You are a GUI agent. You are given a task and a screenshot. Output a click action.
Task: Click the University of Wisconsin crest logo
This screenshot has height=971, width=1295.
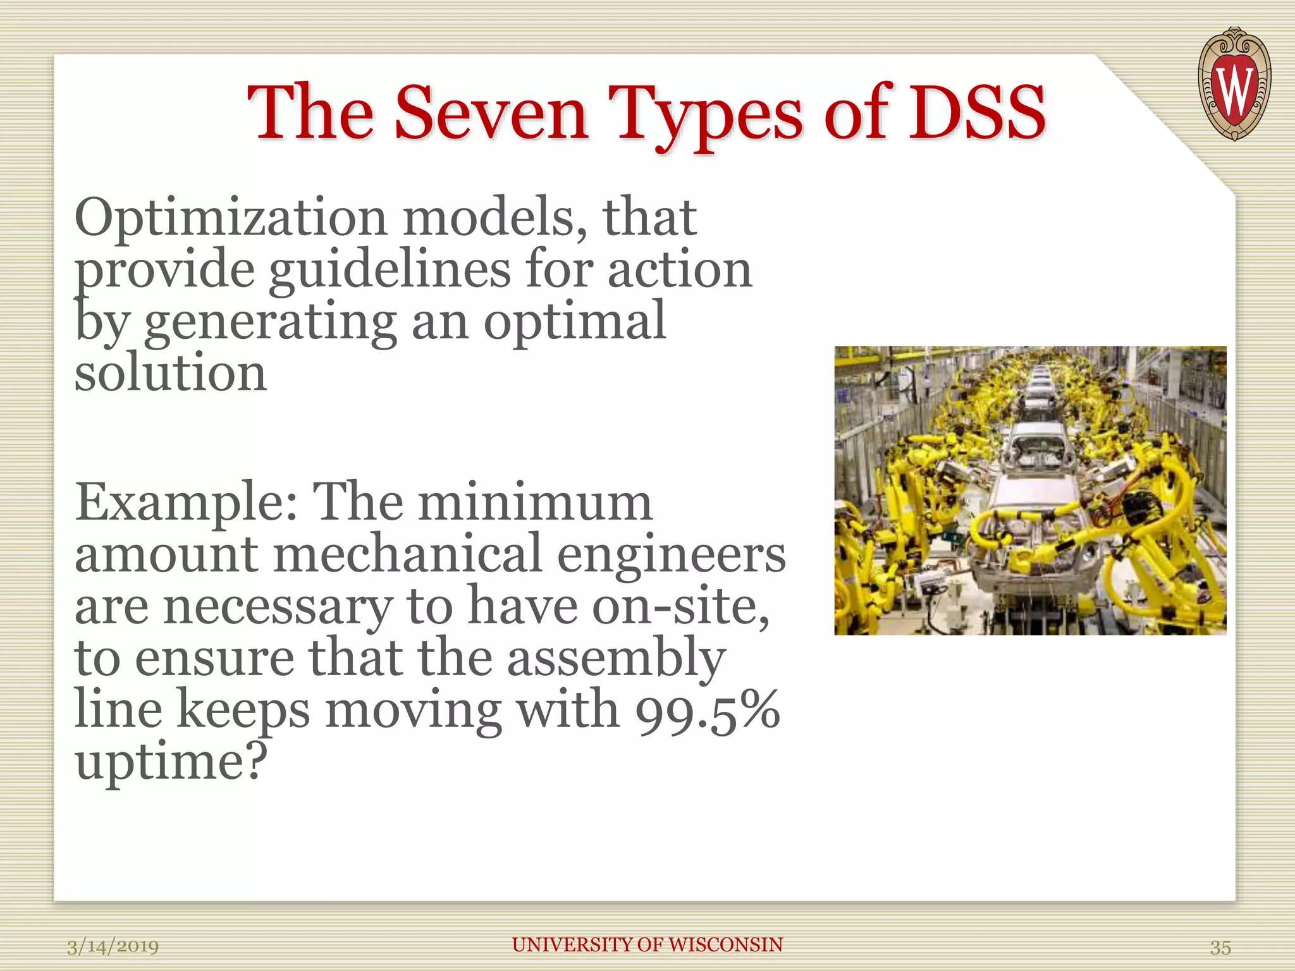coord(1234,83)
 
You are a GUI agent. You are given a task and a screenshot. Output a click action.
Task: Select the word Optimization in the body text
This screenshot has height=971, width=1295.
coord(231,219)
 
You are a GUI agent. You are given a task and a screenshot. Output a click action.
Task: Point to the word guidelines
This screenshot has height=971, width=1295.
coord(389,271)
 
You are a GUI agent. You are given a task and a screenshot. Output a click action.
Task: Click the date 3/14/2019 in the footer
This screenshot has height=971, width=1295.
coord(113,946)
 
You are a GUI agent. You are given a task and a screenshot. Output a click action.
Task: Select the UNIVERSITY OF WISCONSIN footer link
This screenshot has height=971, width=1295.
coord(647,944)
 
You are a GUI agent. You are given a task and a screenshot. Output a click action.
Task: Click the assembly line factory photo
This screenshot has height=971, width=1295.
coord(1030,491)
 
